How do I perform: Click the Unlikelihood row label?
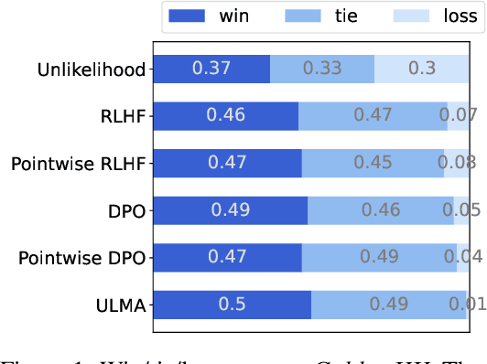pos(92,70)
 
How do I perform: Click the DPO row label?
pos(126,210)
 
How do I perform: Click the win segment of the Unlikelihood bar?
pos(211,70)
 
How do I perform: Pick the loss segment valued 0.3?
pos(422,70)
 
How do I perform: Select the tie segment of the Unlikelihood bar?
pos(322,70)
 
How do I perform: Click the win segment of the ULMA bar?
pos(231,305)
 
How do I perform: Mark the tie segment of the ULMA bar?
pos(389,305)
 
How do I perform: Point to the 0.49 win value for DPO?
pos(230,210)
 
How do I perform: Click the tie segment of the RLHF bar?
pos(373,116)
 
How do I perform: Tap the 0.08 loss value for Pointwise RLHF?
pos(457,164)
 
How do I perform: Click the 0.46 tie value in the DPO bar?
pos(380,210)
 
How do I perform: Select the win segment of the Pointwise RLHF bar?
pos(226,164)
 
